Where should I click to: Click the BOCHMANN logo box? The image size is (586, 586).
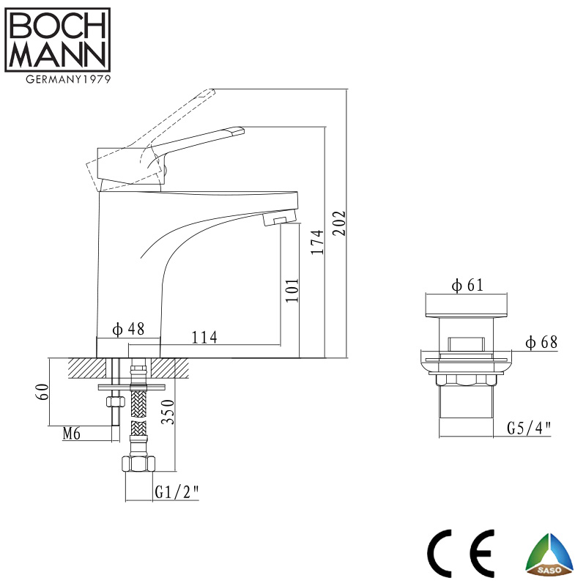click(x=58, y=40)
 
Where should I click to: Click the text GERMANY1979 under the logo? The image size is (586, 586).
click(x=58, y=80)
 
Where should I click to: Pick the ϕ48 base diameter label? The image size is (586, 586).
click(x=128, y=329)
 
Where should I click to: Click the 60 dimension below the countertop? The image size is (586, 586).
click(x=42, y=391)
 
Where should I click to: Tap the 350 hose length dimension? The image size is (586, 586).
click(x=168, y=415)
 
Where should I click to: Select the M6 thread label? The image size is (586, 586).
click(x=71, y=434)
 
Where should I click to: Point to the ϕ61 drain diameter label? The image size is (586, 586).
click(x=467, y=286)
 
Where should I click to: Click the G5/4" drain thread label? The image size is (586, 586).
click(x=528, y=429)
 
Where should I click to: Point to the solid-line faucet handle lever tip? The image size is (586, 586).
click(x=236, y=130)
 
